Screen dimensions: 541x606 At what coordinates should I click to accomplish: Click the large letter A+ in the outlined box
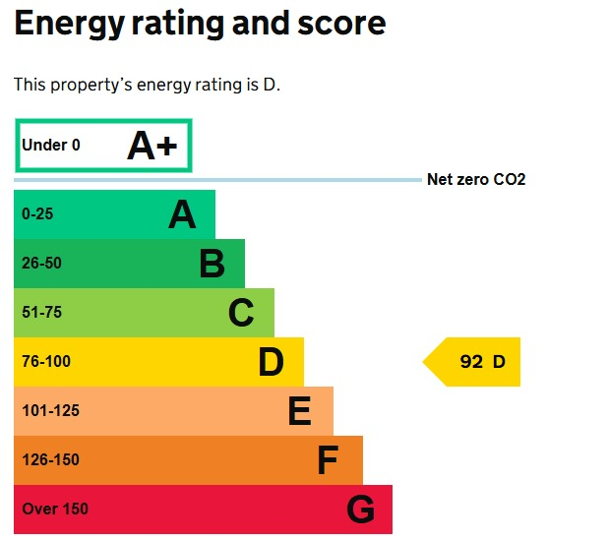(152, 146)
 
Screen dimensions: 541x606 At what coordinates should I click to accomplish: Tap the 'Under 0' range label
(51, 146)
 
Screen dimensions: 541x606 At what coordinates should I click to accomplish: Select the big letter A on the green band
(182, 214)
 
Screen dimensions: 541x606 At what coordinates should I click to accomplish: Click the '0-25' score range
(38, 214)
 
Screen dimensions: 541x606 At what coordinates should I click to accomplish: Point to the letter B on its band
(212, 264)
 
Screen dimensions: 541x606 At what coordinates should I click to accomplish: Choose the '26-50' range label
(41, 264)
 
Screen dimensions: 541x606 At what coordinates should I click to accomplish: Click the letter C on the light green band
(241, 313)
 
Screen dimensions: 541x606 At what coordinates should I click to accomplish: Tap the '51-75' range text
(41, 313)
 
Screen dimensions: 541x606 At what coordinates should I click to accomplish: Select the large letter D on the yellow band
(271, 362)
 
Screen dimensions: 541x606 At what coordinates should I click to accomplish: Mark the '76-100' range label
(46, 362)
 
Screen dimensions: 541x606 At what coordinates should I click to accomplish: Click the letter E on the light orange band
(300, 411)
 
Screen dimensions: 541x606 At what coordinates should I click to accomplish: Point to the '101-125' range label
(50, 411)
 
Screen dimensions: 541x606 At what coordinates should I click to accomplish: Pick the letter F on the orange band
(328, 460)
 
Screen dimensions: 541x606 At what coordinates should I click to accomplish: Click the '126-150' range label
(50, 460)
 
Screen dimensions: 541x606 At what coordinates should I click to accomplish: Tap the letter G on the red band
(360, 510)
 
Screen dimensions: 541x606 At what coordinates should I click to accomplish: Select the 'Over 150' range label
(55, 510)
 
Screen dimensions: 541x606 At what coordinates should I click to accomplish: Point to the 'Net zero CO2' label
(476, 180)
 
